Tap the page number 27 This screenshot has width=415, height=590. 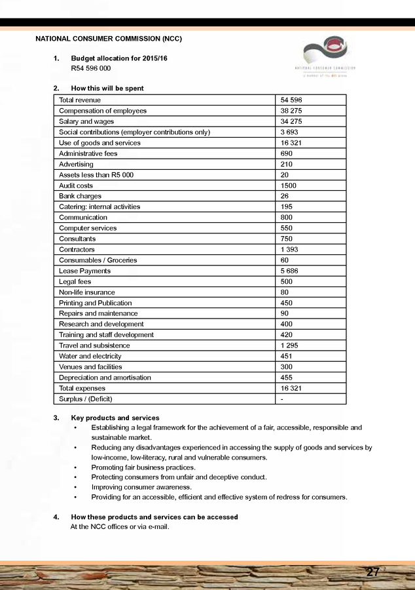pyautogui.click(x=373, y=572)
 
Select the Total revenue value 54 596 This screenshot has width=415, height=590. pyautogui.click(x=291, y=100)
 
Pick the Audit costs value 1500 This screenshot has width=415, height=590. pyautogui.click(x=289, y=186)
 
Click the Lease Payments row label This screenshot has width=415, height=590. pyautogui.click(x=84, y=271)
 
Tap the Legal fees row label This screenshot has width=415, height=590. pyautogui.click(x=75, y=282)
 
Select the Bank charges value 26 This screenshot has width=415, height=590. pyautogui.click(x=284, y=196)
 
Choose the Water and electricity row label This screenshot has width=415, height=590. pyautogui.click(x=90, y=356)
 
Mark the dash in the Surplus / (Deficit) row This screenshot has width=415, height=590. pyautogui.click(x=281, y=399)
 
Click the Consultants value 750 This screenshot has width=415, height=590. pyautogui.click(x=287, y=239)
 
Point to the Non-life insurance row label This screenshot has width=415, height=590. pyautogui.click(x=86, y=292)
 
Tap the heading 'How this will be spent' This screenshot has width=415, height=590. pyautogui.click(x=107, y=88)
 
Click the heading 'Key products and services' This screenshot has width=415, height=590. pyautogui.click(x=115, y=418)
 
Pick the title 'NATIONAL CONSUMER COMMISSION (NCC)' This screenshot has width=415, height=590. pyautogui.click(x=109, y=39)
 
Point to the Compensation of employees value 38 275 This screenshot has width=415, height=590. pyautogui.click(x=291, y=111)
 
